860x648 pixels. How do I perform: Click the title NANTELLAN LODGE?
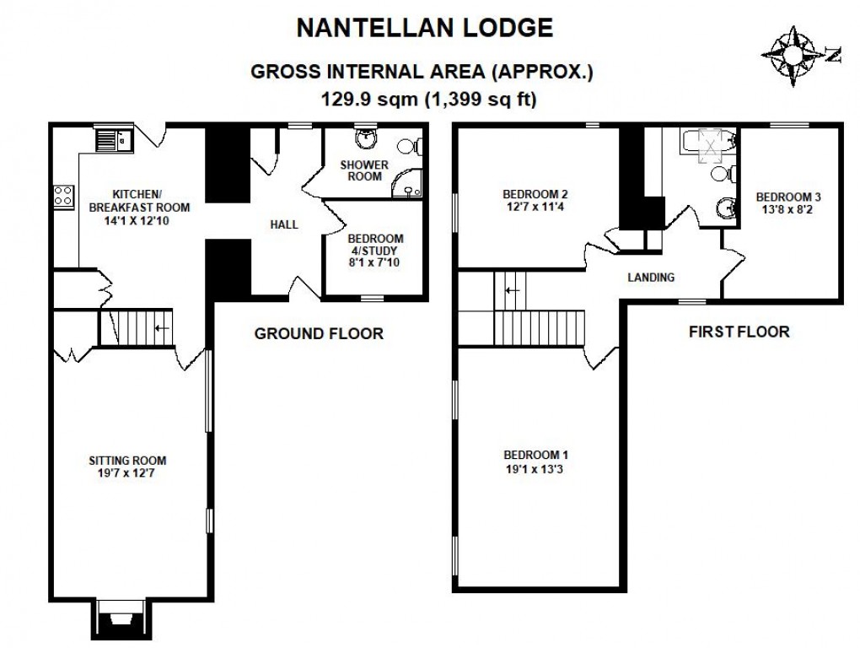pos(426,29)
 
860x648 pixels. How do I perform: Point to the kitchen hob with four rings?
pos(63,197)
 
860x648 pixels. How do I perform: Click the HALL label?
pos(282,224)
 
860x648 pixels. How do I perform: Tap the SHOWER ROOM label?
pos(364,170)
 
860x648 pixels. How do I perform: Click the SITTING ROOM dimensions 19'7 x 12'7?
pos(128,474)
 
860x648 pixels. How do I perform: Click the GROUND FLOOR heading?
pos(319,334)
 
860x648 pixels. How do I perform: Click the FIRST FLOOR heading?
pos(739,332)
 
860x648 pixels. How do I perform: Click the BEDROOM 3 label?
pos(787,197)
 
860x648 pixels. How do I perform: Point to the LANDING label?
pos(651,277)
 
